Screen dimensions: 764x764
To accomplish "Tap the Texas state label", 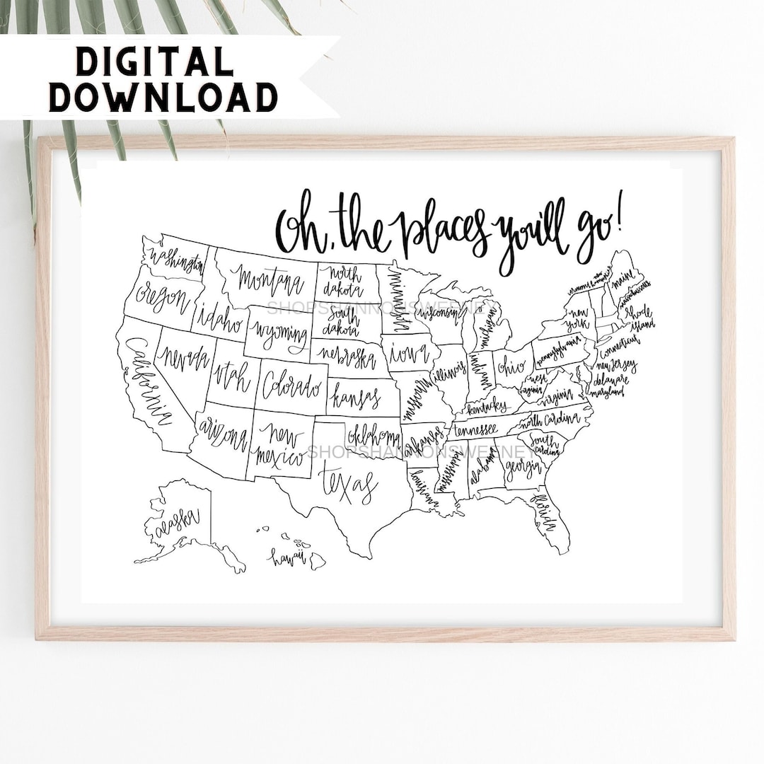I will click(347, 485).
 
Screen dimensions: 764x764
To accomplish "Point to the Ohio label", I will click(511, 366).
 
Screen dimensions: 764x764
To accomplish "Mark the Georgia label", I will click(523, 468).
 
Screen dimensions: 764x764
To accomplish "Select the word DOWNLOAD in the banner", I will click(163, 97).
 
